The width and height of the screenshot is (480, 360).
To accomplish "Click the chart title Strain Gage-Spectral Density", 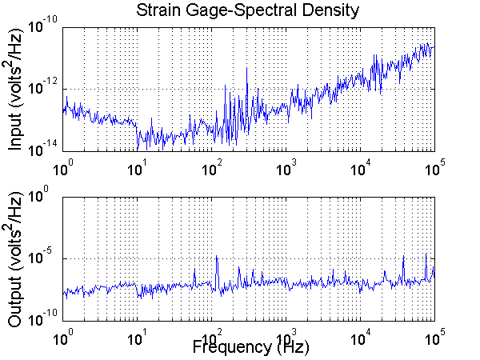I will coord(248,10).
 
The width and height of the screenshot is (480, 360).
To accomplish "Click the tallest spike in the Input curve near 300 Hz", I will coord(246,67).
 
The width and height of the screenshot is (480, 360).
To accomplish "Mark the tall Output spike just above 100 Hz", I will coord(217,258).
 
